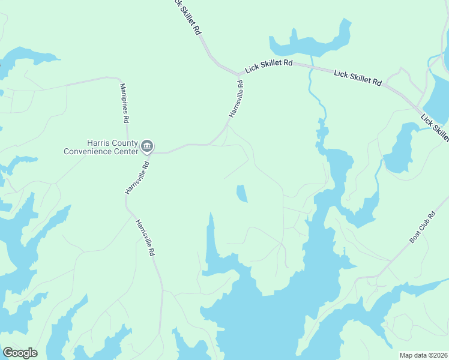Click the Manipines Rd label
click(x=124, y=103)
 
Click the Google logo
click(x=20, y=353)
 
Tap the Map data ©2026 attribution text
click(x=423, y=355)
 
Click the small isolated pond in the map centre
click(x=241, y=193)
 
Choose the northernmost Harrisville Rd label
click(x=236, y=98)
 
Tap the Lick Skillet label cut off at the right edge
click(x=435, y=127)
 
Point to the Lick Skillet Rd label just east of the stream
click(x=358, y=77)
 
